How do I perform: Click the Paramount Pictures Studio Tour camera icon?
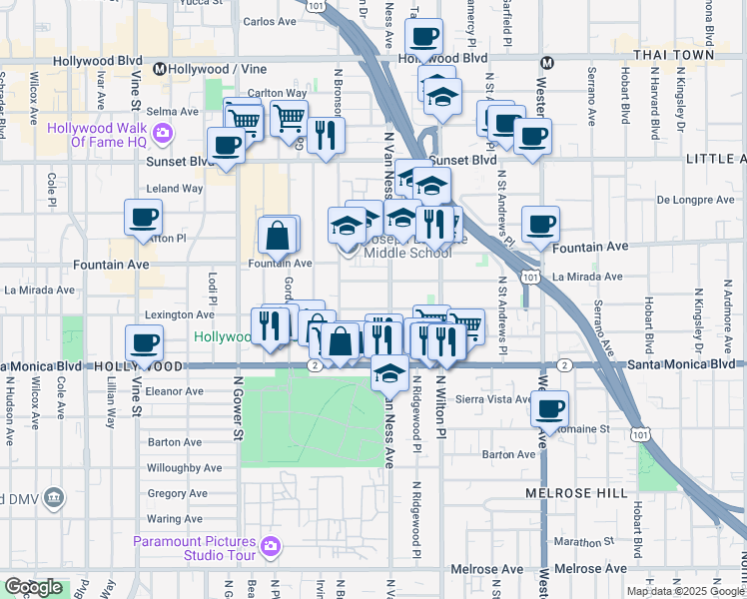(271, 546)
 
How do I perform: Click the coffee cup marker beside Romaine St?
(548, 407)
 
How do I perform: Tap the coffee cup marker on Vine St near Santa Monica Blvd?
(145, 343)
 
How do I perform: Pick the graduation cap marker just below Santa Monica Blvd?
(388, 374)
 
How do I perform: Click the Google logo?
(33, 587)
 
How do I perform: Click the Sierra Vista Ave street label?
(495, 398)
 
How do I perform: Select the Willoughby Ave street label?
(184, 467)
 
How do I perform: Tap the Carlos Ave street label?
(272, 21)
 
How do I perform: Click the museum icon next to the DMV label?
(54, 497)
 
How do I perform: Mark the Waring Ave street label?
(175, 519)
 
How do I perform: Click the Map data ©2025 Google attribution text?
(684, 591)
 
